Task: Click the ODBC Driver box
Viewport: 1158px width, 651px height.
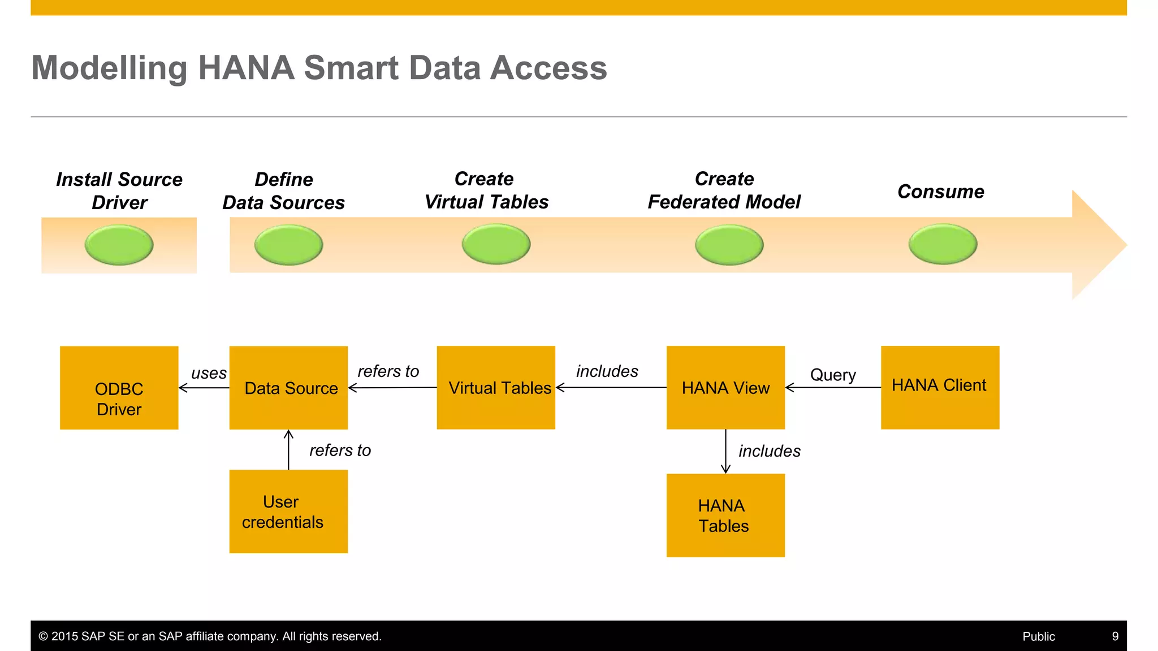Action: click(119, 388)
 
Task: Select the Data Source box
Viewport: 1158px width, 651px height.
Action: click(288, 388)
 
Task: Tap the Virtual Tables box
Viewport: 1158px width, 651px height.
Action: click(496, 388)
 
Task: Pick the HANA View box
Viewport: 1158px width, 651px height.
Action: click(725, 388)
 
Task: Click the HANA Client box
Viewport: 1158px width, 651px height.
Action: click(940, 388)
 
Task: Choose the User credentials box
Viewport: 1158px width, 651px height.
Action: click(288, 511)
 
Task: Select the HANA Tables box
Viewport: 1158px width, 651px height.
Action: click(725, 515)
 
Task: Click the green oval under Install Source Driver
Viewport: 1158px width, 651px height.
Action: click(119, 245)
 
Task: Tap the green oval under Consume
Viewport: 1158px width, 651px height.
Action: click(943, 244)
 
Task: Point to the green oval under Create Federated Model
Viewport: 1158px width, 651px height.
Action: click(729, 245)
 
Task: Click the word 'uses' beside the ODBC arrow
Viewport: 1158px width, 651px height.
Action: click(209, 373)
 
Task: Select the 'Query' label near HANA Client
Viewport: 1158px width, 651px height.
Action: click(833, 375)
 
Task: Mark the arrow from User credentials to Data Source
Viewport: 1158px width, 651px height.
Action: click(288, 450)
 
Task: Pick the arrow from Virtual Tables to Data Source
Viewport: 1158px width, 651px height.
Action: click(392, 388)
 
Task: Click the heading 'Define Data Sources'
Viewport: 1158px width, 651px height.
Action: click(284, 191)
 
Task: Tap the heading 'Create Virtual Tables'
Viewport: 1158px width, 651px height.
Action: click(486, 190)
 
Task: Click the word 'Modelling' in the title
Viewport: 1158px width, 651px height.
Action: click(109, 68)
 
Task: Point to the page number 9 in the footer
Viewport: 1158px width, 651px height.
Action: click(1115, 636)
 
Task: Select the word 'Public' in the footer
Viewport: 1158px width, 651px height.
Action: click(1039, 636)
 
